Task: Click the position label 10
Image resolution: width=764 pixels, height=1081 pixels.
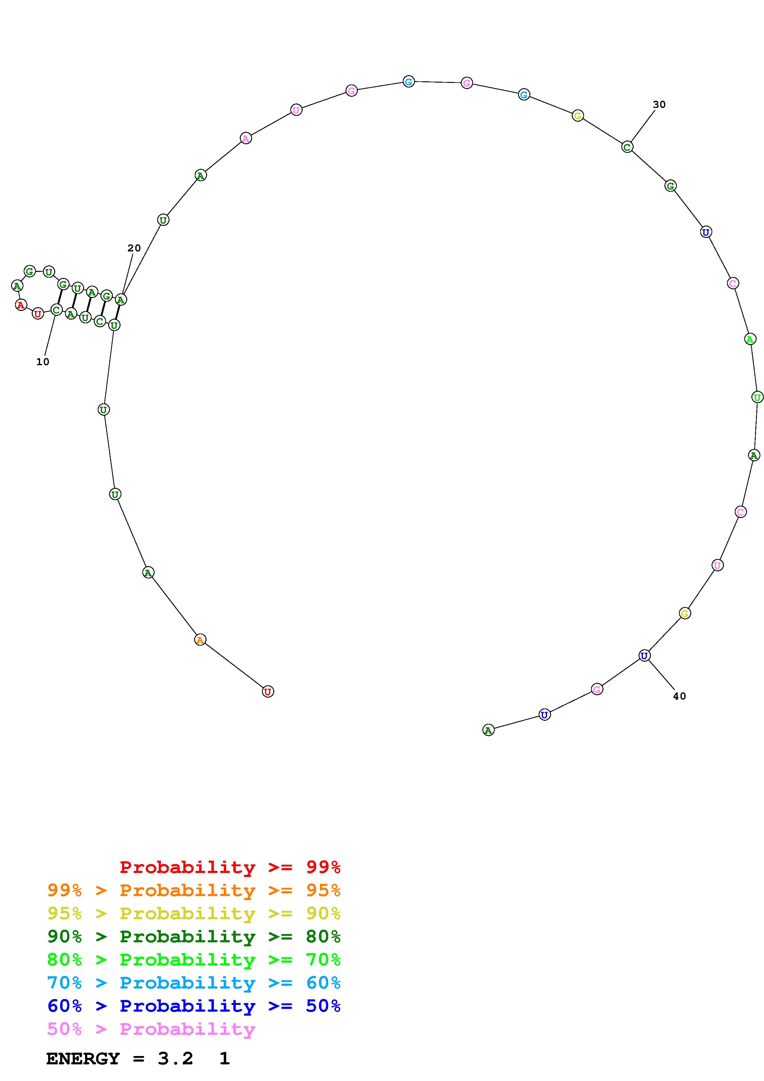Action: (43, 361)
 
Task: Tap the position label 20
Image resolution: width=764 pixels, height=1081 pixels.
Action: (134, 248)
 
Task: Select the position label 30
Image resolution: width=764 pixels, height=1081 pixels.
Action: (659, 104)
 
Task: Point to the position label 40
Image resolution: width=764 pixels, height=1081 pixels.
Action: (679, 696)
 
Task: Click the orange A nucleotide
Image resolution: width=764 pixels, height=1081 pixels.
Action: (200, 640)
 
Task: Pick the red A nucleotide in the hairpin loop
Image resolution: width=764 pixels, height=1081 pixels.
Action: (20, 305)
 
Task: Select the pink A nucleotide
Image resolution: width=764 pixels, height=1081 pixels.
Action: (245, 138)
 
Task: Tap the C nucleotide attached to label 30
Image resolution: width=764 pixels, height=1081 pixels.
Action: (627, 147)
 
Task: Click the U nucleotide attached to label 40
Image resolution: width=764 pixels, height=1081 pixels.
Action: (644, 655)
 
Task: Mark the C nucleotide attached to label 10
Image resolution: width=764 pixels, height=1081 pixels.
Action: (56, 310)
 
